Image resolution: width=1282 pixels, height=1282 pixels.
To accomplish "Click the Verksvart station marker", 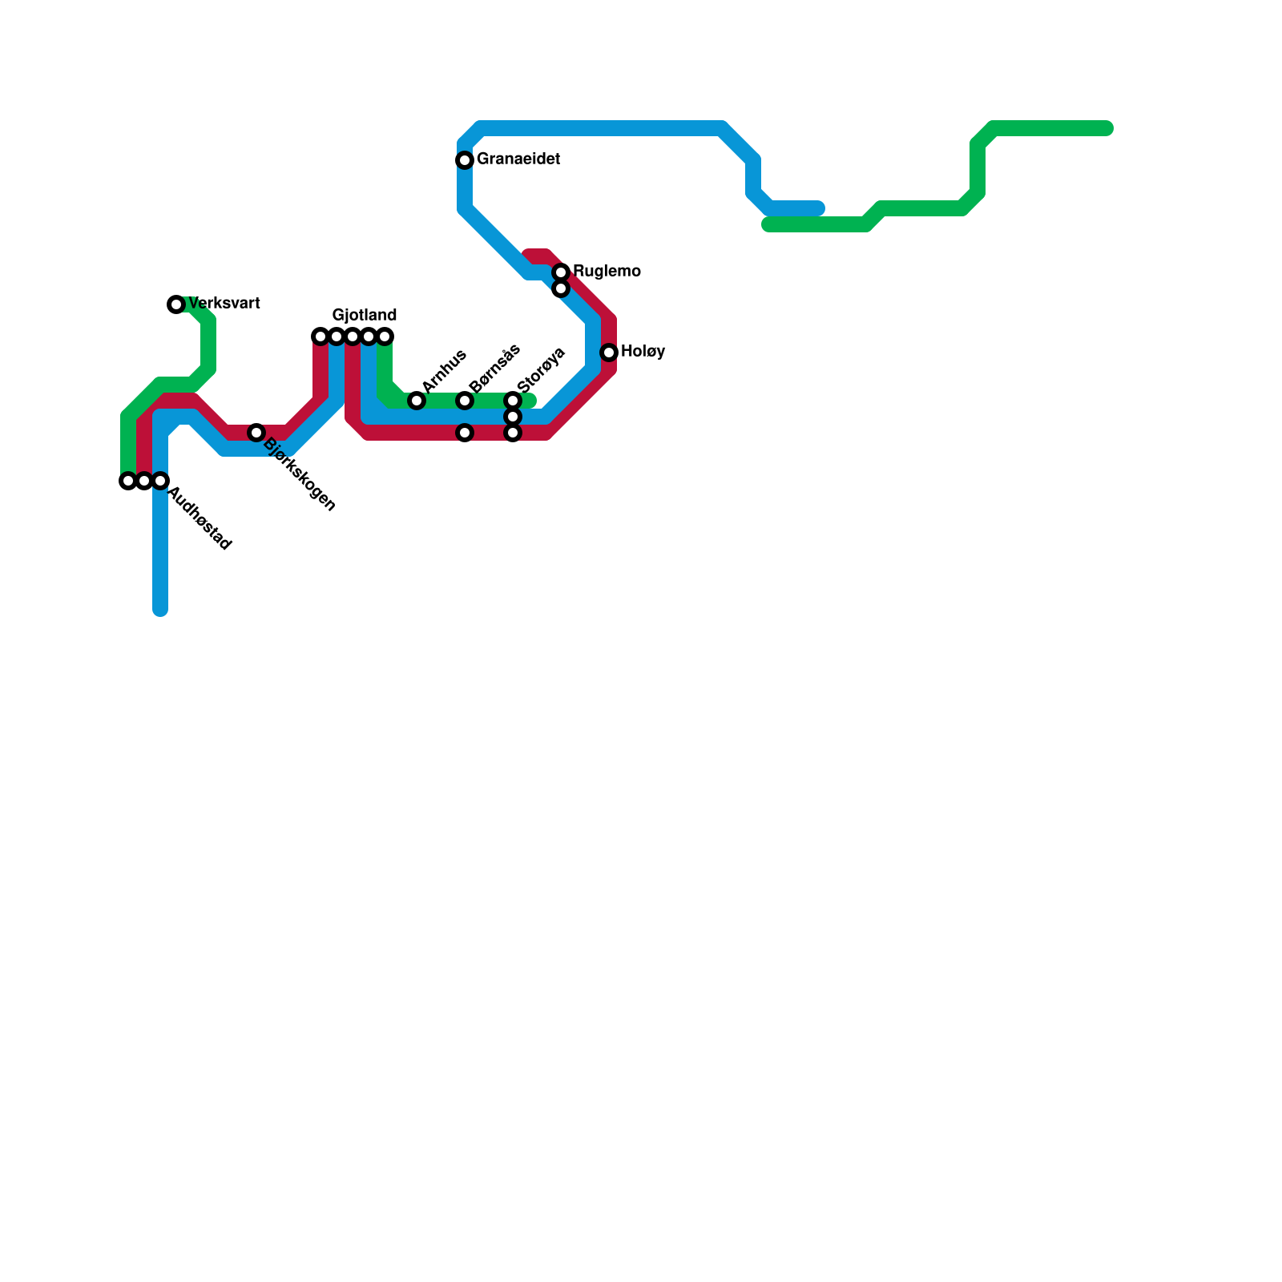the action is coord(176,304).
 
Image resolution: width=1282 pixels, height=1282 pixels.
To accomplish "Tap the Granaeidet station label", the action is coord(518,159).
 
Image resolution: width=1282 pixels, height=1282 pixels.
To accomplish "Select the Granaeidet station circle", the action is coord(465,160).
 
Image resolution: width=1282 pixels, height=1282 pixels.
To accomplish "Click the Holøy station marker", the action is coord(609,353).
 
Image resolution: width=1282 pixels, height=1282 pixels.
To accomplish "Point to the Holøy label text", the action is coord(643,352).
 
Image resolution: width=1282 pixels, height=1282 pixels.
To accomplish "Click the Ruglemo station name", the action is coord(607,272).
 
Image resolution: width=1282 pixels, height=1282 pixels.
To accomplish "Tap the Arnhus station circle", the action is coord(417,401).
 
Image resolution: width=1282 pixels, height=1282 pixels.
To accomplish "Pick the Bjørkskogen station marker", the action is coord(256,433).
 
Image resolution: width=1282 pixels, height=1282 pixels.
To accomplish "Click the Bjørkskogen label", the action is coord(299,474).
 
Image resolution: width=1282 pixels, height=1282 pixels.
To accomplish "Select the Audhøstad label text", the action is coord(200,519).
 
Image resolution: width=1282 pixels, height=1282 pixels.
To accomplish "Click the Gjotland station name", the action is coord(365,315).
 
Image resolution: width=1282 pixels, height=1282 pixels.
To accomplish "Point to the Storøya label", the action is coord(542,370).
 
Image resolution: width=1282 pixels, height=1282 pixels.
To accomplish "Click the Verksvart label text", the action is coord(224,304).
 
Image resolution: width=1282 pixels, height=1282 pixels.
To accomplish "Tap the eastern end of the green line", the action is coord(1108,128).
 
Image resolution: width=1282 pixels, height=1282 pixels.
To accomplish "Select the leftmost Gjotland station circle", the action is coord(320,337).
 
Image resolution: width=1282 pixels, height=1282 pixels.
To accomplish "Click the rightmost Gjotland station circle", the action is coord(385,337).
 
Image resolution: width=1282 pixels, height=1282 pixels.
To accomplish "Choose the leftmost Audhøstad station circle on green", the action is coord(127,481).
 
